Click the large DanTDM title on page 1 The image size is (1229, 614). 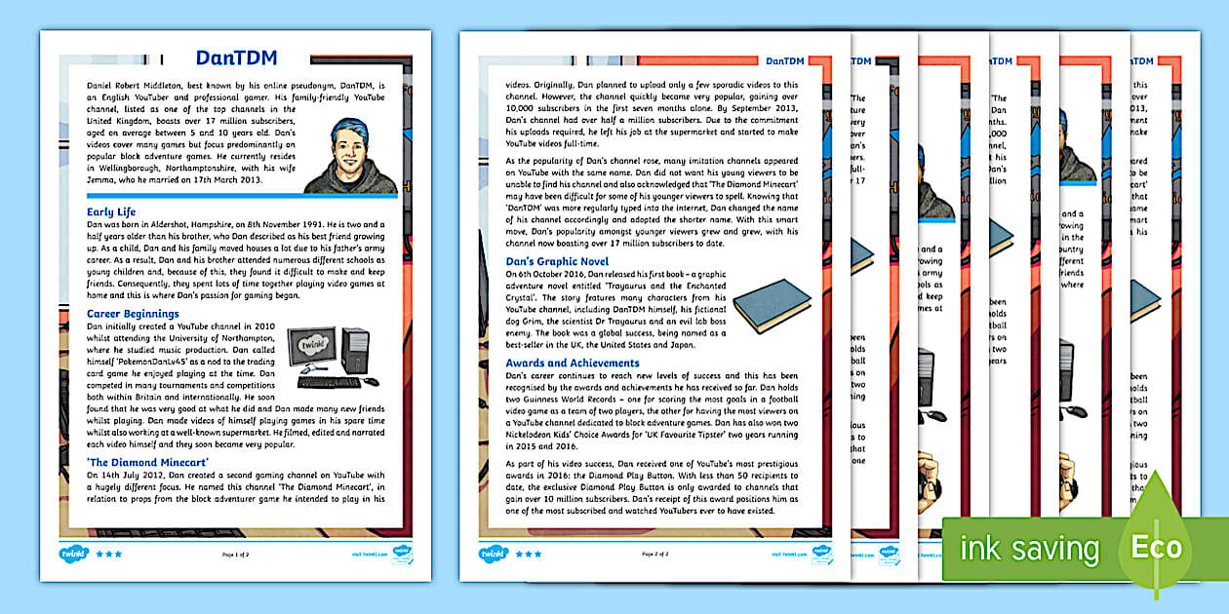236,58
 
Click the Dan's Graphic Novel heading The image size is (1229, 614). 557,261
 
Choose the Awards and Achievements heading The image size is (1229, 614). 573,363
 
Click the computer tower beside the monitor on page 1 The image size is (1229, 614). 355,355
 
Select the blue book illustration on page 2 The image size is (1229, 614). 772,304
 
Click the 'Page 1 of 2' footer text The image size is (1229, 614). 235,554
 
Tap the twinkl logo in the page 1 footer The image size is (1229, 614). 73,553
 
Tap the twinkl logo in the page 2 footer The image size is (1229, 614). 493,553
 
